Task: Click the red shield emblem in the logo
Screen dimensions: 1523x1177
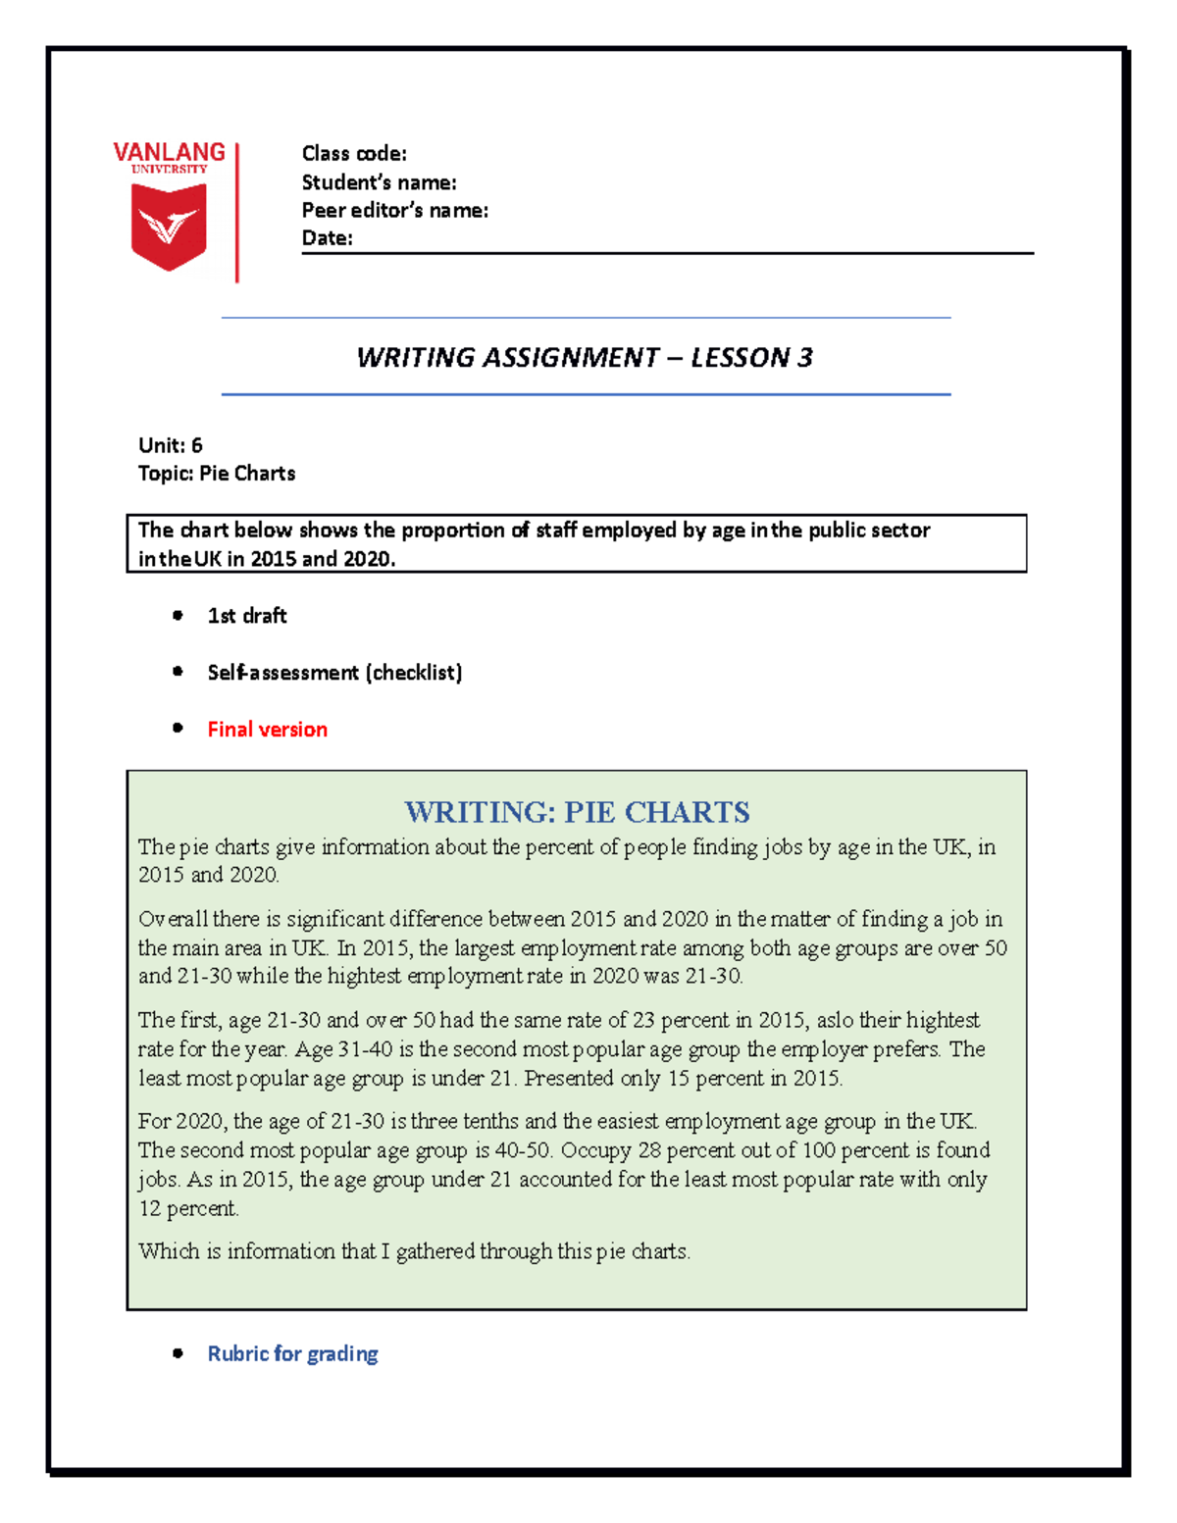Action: [x=169, y=227]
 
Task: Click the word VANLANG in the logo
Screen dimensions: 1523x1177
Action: [x=169, y=152]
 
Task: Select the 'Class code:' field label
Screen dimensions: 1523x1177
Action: [x=354, y=153]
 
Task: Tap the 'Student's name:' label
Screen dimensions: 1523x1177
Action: [x=379, y=182]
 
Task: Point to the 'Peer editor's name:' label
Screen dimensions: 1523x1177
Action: [x=394, y=210]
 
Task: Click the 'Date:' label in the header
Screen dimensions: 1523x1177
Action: [x=327, y=237]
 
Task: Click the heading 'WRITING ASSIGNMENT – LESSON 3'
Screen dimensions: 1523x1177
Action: [x=585, y=357]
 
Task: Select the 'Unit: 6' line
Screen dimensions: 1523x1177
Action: [x=171, y=445]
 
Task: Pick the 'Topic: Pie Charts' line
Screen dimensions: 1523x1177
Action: [x=217, y=473]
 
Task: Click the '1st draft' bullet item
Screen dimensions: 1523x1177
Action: [x=247, y=615]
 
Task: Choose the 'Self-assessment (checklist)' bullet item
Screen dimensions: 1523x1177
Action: [x=334, y=672]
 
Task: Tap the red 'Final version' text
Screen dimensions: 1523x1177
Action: [x=267, y=729]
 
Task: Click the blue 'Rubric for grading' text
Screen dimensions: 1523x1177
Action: [x=292, y=1353]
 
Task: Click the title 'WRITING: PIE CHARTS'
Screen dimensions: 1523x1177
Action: [x=577, y=812]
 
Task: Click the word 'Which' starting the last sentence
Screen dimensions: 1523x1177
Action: [x=167, y=1251]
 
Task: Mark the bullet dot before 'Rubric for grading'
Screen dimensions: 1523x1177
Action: [x=178, y=1353]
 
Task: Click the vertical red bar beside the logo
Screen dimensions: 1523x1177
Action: [x=237, y=212]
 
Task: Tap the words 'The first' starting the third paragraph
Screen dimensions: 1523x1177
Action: [x=179, y=1020]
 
